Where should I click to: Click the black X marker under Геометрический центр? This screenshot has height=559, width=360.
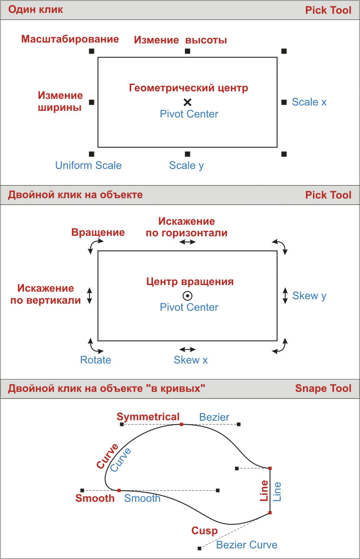pos(188,102)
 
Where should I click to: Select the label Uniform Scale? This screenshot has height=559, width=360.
pos(88,165)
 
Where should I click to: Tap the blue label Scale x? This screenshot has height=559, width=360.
pos(309,102)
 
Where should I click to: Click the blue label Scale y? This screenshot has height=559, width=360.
pos(187,165)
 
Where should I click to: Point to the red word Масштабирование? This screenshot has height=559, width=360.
pos(70,39)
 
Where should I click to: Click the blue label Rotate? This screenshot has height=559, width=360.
pos(95,360)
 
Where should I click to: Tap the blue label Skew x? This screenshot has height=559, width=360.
pos(191,360)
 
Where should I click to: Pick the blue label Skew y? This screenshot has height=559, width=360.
pos(309,296)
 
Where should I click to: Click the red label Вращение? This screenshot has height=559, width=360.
pos(98,232)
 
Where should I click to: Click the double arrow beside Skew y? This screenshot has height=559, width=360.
pos(285,296)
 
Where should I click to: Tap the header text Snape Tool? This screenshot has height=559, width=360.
pos(323,389)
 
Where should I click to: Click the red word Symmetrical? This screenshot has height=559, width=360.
pos(148,417)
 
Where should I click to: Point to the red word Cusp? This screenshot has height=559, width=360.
pos(204,531)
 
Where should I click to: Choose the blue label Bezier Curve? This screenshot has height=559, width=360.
pos(247,545)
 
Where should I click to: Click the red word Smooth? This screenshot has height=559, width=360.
pos(95,498)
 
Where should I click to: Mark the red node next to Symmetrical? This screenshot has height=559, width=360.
pos(181,424)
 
